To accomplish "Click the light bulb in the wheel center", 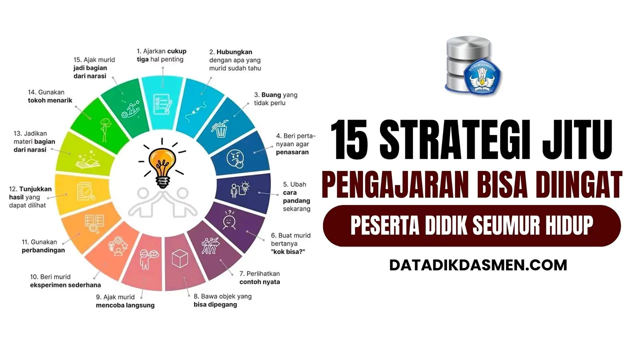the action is coord(162,167).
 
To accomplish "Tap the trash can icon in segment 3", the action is coord(220,128).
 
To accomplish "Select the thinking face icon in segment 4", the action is coord(235,159).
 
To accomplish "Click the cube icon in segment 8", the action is coord(179,258).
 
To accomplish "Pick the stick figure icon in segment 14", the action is coord(105,130).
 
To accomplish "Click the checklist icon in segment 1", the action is coord(162,104).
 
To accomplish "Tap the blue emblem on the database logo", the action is coord(482,76).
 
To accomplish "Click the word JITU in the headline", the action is coord(577,139).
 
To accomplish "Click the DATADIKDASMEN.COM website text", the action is coord(478,265).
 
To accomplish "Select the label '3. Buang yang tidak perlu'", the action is coord(275,99).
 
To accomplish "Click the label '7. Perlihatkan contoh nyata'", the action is coord(259,277).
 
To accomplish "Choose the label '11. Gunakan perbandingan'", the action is coord(43,246).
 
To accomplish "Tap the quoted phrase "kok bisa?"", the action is coord(288,251).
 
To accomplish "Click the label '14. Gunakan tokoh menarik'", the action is coord(50,96).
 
